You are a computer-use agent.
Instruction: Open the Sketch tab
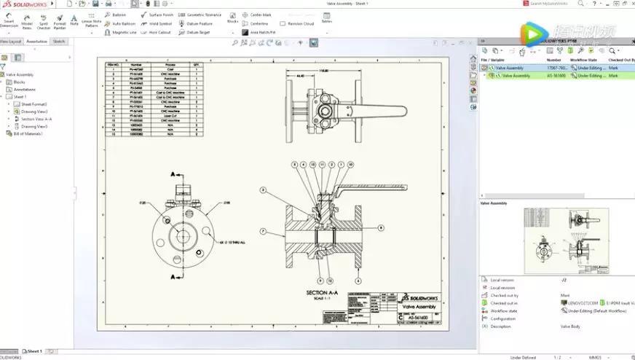[59, 42]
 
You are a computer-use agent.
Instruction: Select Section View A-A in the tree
[36, 119]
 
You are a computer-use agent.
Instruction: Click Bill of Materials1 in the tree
[28, 133]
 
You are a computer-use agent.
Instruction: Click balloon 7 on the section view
[263, 232]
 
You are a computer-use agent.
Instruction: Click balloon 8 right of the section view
[380, 227]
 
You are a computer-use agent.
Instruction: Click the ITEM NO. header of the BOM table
[112, 64]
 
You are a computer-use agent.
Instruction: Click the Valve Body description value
[570, 326]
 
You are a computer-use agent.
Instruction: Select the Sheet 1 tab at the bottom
[33, 351]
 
